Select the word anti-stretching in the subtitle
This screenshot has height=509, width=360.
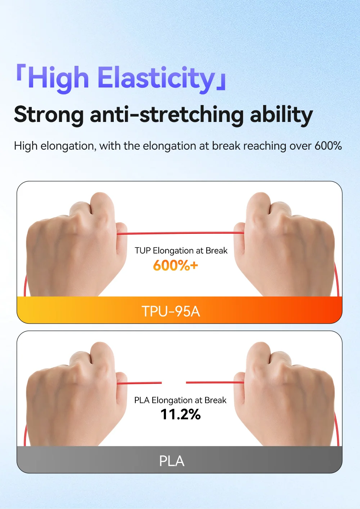[167, 114]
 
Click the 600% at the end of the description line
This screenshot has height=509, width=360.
[328, 146]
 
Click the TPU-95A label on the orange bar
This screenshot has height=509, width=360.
[171, 311]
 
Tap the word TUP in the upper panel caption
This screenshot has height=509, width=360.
[143, 251]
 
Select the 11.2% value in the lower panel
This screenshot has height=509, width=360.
[181, 414]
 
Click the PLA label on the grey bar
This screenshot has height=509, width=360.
[172, 461]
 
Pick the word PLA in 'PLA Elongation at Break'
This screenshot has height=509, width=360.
[142, 400]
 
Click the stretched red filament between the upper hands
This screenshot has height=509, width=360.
[180, 233]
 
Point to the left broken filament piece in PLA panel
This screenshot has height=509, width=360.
[139, 383]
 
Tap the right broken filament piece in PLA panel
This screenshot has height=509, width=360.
[215, 382]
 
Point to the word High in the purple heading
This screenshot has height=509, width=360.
[58, 78]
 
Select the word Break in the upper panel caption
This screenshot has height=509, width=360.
[216, 251]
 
